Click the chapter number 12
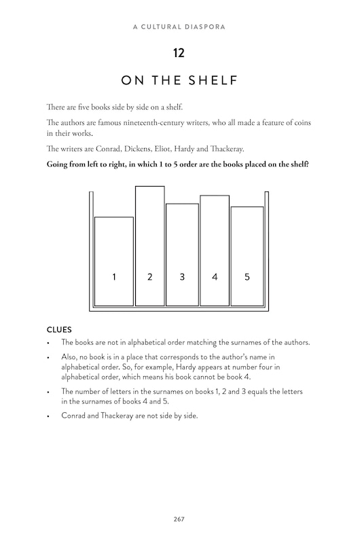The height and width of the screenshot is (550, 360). [180, 52]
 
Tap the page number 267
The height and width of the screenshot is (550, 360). [179, 519]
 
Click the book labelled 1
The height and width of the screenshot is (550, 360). [114, 261]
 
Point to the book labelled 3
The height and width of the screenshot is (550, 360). [182, 255]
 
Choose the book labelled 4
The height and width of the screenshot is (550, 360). [215, 250]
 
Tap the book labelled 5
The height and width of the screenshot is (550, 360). [247, 256]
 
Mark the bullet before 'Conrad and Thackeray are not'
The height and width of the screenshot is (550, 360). [49, 416]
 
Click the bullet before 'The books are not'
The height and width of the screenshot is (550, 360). [49, 343]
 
